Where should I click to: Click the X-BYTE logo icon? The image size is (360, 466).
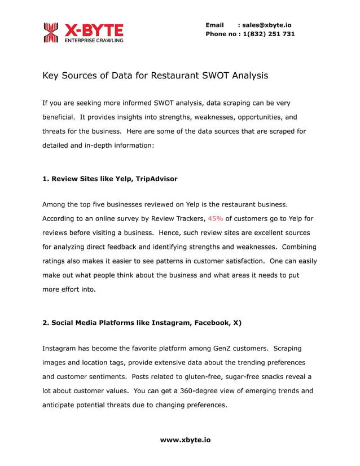coord(51,32)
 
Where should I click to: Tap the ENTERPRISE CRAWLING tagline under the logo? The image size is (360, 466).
coord(94,41)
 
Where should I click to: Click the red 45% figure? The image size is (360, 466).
coord(215,218)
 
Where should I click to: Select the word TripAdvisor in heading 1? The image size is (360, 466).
coord(156,179)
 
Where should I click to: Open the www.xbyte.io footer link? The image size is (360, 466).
coord(185,439)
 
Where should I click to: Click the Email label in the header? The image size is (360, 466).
coord(215,25)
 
